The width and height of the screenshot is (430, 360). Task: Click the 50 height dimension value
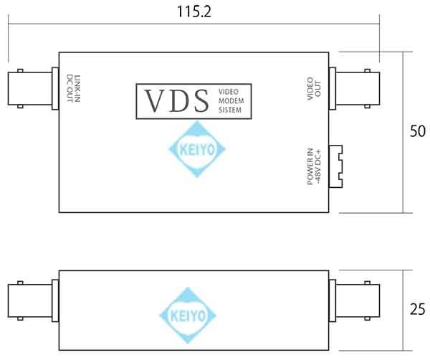417,131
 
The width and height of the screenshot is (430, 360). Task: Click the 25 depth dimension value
417,310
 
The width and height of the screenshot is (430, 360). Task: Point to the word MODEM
231,101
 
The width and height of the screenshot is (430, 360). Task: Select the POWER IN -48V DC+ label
314,166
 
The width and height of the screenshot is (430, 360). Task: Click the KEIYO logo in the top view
196,149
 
